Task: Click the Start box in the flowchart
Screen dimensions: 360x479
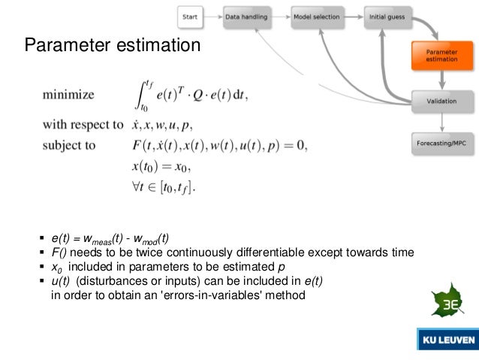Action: coord(190,16)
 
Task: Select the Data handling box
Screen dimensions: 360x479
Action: coord(252,16)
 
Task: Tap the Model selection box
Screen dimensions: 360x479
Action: coord(318,16)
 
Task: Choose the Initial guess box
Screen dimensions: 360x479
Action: coord(387,16)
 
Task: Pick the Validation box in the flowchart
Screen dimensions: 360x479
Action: coord(441,100)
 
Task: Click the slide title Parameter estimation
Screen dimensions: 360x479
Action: coord(113,47)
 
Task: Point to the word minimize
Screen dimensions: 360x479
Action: coord(68,95)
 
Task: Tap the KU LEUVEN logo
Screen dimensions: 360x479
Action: coord(447,340)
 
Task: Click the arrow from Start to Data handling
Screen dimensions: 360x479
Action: coord(213,16)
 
